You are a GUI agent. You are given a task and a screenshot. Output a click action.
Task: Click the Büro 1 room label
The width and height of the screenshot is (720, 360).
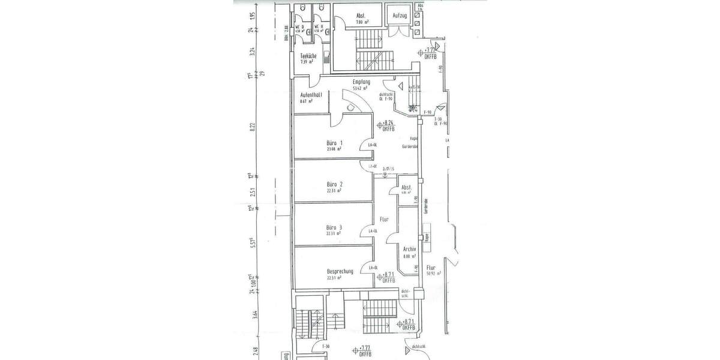point(334,143)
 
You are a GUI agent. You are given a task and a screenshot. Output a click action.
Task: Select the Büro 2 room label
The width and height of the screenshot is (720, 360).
point(334,184)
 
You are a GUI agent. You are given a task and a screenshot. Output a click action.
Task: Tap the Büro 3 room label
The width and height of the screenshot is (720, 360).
point(334,227)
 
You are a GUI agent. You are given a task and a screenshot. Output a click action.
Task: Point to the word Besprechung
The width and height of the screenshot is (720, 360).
point(340,271)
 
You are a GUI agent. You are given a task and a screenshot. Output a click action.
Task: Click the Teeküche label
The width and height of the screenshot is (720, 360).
point(308,56)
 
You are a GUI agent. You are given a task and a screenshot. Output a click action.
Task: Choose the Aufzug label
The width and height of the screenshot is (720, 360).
point(400,14)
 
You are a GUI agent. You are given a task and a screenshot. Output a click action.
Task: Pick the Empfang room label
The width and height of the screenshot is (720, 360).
point(361,82)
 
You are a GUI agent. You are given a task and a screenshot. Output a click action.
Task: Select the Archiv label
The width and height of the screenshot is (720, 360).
point(410,248)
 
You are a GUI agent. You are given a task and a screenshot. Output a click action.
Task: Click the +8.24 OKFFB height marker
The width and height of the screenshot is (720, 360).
point(388,124)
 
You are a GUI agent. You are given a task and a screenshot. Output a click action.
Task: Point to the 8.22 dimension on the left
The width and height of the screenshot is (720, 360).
point(253,127)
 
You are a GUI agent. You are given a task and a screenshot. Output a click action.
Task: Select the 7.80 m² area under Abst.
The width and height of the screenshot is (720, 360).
point(361,22)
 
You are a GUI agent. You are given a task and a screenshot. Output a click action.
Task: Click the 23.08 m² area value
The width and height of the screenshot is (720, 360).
point(334,149)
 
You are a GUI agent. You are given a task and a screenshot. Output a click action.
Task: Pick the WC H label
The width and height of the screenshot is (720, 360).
point(322,26)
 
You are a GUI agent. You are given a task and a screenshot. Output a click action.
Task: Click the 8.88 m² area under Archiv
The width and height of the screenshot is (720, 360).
point(410,256)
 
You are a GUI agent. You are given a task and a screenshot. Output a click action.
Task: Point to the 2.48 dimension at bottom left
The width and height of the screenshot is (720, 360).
point(255,350)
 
